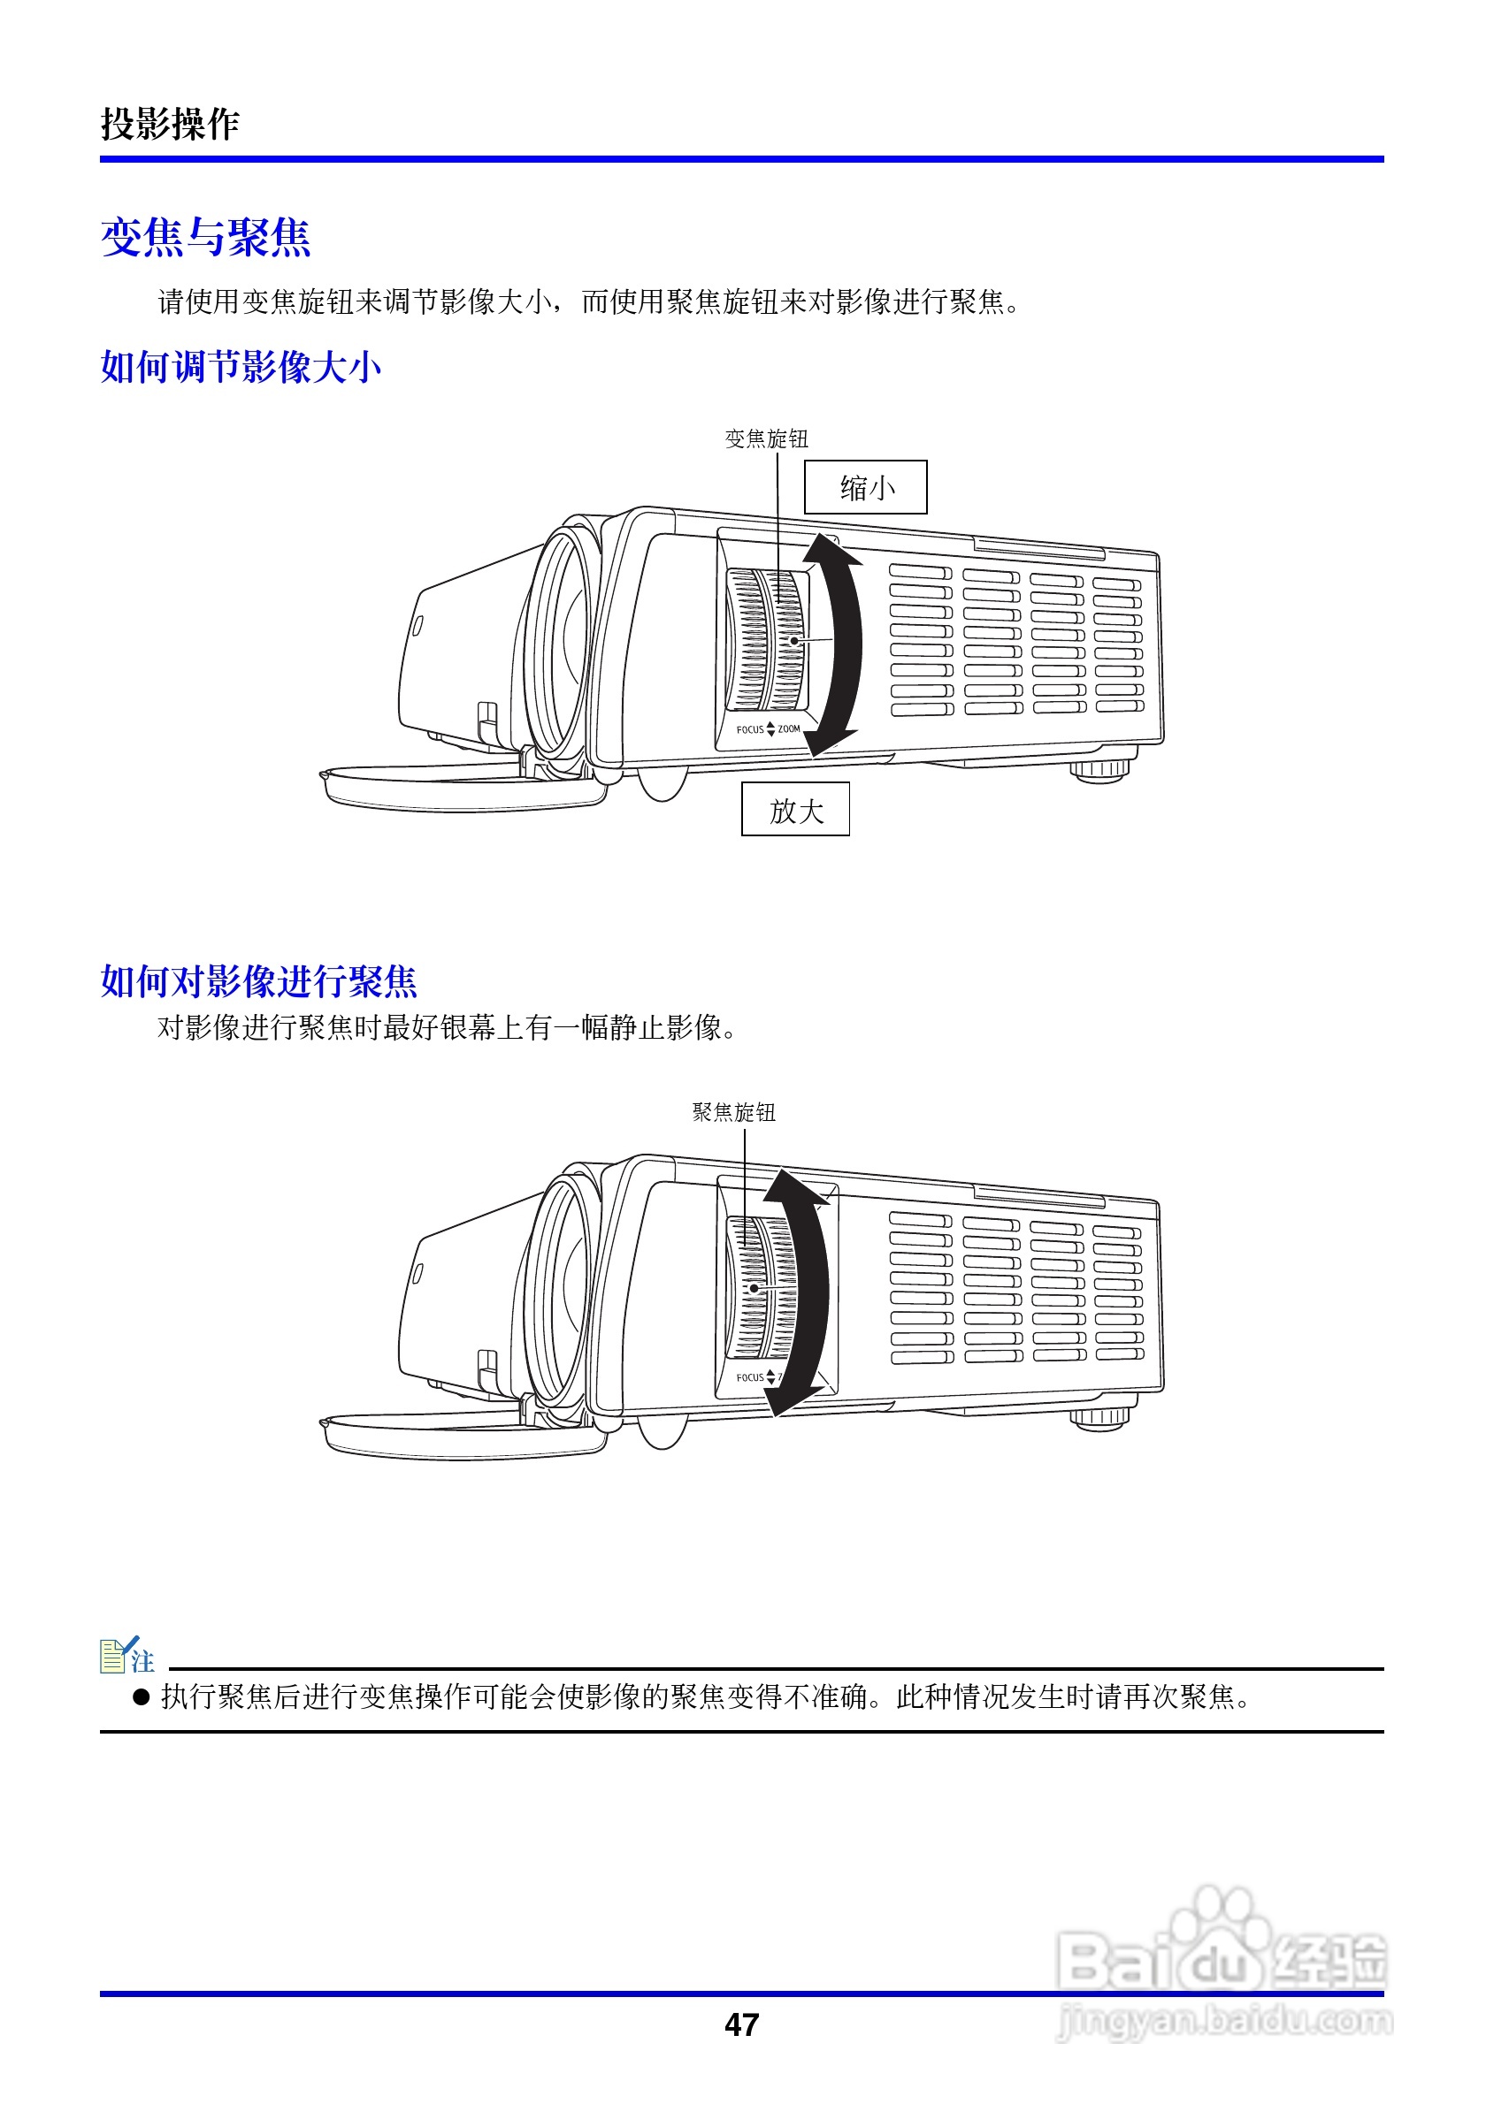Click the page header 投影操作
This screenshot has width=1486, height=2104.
pos(170,124)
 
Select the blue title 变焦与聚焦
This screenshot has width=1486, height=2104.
pos(205,237)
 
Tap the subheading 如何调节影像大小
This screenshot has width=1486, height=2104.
pos(241,368)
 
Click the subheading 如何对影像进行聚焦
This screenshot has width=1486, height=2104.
pos(258,981)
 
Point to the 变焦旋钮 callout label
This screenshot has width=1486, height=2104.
pos(766,439)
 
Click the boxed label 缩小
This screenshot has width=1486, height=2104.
pos(865,487)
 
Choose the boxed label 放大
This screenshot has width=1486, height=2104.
pos(795,810)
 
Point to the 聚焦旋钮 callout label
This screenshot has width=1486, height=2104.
pos(733,1112)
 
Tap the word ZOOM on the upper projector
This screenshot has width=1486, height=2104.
pos(789,729)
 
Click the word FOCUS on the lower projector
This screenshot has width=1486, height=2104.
pos(750,1377)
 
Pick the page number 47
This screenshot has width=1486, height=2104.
pos(741,2024)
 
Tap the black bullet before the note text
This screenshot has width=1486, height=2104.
pos(142,1697)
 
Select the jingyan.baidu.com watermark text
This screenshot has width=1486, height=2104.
pos(1224,2020)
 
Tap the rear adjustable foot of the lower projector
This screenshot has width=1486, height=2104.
pos(1101,1417)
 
